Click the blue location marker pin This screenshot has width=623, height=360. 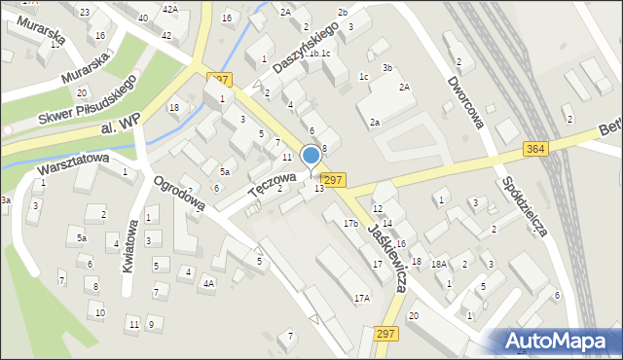pyautogui.click(x=311, y=157)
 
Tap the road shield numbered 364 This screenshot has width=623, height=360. pyautogui.click(x=533, y=148)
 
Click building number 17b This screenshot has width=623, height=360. pyautogui.click(x=350, y=224)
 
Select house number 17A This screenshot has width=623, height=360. pyautogui.click(x=362, y=298)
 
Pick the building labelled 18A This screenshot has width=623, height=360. pyautogui.click(x=439, y=264)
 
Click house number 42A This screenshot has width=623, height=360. pyautogui.click(x=170, y=9)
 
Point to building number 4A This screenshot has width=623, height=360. pyautogui.click(x=207, y=284)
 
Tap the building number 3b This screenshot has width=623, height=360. pyautogui.click(x=386, y=67)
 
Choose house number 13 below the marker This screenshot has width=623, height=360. pyautogui.click(x=319, y=188)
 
